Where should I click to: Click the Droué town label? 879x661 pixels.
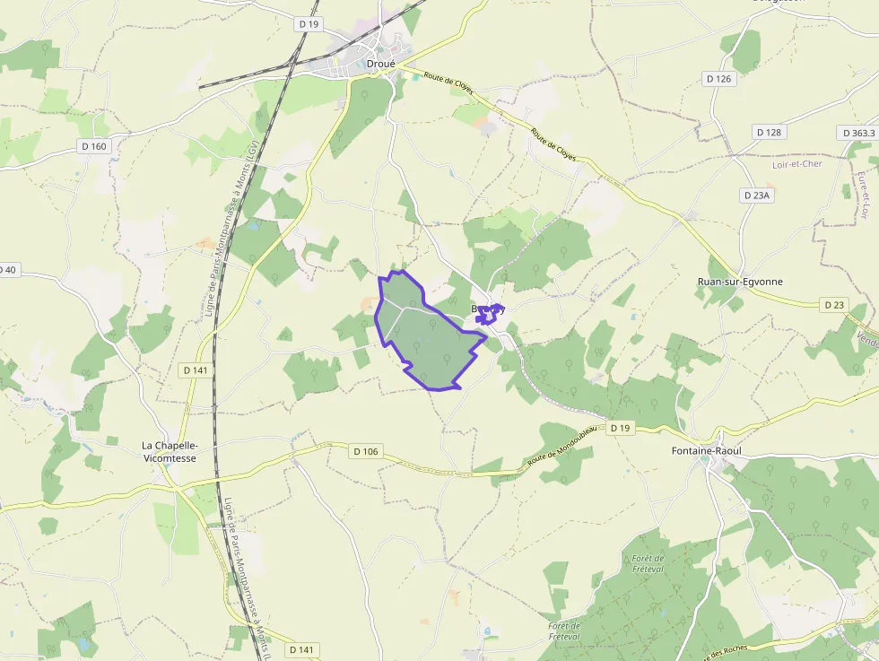point(380,63)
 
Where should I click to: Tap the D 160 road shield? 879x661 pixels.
point(93,146)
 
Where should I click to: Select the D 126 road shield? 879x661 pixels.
point(719,79)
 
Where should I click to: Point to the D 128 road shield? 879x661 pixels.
point(769,132)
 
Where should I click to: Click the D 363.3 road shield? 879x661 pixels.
point(858,132)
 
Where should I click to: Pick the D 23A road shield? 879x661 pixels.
point(756,195)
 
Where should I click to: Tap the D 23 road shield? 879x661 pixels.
point(834,305)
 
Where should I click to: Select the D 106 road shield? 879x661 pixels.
point(365,451)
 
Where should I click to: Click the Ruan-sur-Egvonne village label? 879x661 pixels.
point(740,282)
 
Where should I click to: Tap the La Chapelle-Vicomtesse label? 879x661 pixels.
point(170,451)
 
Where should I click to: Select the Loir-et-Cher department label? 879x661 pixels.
point(797,164)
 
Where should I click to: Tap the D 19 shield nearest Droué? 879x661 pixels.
point(309,24)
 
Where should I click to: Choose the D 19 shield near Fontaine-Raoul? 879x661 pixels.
point(620,429)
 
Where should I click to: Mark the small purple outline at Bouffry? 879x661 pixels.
point(487,314)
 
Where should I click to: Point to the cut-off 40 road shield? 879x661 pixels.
point(8,269)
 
